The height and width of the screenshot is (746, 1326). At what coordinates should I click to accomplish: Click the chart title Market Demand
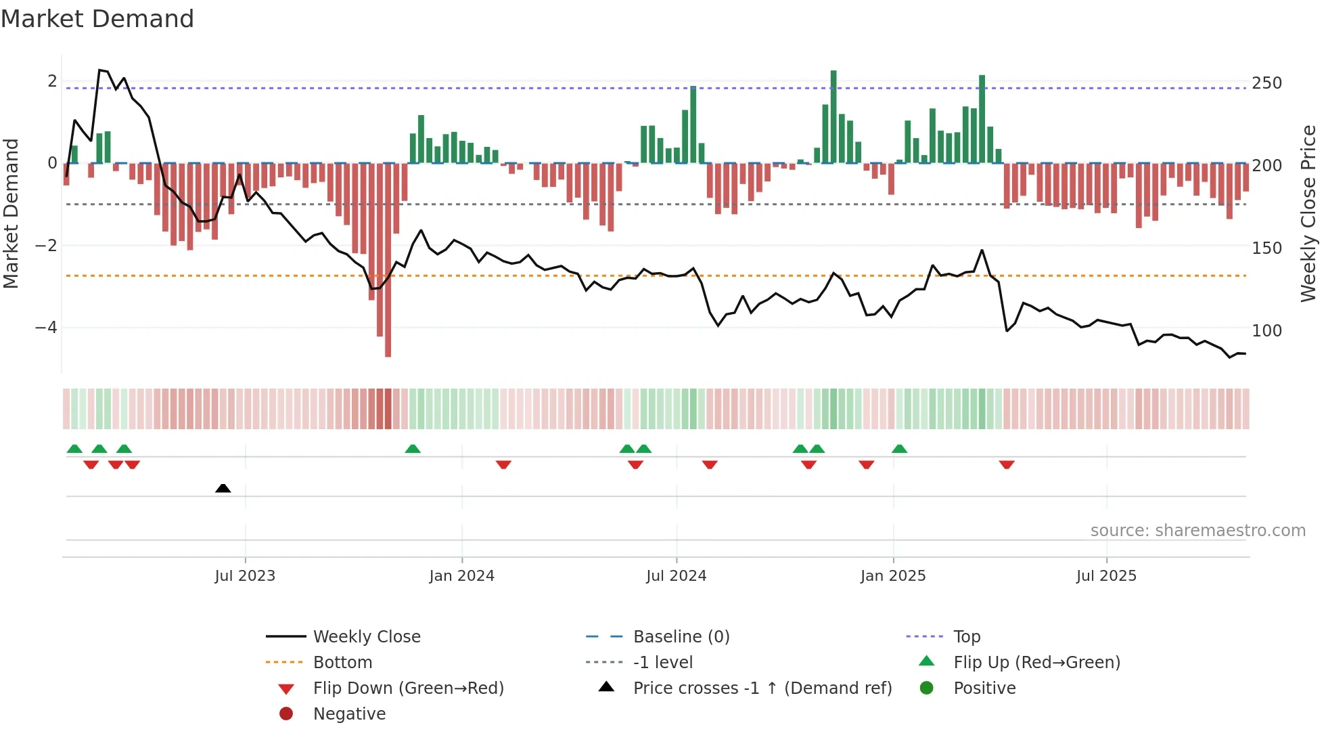tap(97, 19)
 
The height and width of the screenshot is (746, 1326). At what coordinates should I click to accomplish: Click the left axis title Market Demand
tap(12, 213)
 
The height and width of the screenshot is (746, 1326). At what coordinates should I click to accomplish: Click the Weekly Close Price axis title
tap(1308, 213)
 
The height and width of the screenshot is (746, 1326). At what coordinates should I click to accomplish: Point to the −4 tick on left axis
tap(46, 328)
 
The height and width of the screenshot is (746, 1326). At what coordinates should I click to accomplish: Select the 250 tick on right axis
tap(1266, 83)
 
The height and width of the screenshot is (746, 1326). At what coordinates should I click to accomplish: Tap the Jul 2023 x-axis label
tap(245, 576)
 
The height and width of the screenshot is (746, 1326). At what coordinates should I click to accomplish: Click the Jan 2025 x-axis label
tap(893, 576)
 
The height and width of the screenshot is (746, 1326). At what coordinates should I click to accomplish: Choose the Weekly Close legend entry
tap(366, 637)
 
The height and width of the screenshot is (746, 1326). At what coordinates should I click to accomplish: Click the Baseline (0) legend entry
tap(681, 637)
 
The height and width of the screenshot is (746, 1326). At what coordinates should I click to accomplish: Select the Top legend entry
tap(966, 637)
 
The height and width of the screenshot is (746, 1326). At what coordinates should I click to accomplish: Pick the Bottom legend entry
tap(342, 663)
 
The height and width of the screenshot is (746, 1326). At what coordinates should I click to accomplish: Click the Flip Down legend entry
tap(408, 688)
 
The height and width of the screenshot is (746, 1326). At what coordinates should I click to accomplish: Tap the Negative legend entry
tap(349, 714)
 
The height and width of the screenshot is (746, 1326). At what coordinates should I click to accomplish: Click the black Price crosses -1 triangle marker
tap(223, 488)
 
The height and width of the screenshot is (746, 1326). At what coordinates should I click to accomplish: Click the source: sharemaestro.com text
tap(1197, 531)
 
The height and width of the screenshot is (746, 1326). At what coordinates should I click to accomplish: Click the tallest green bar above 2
tap(833, 115)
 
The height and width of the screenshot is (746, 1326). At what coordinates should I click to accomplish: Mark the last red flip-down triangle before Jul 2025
tap(1007, 464)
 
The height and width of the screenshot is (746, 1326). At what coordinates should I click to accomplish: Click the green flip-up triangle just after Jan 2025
tap(899, 449)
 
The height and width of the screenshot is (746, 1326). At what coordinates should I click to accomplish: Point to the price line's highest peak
tap(99, 70)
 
